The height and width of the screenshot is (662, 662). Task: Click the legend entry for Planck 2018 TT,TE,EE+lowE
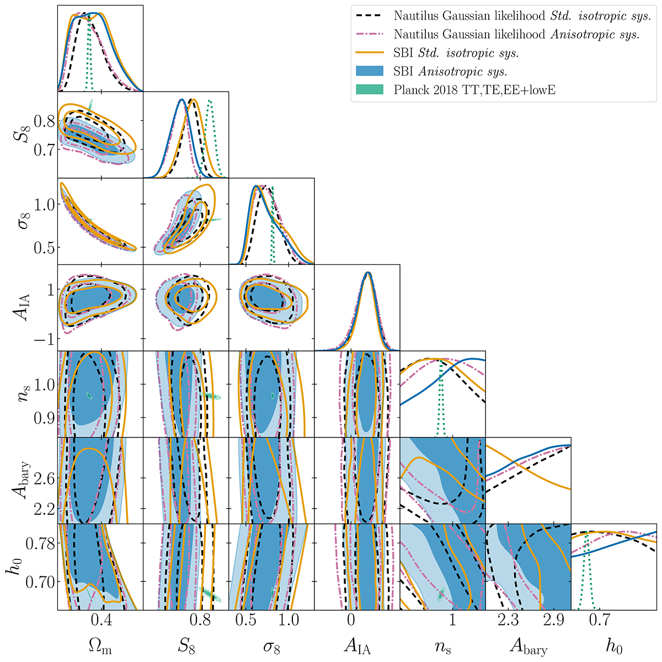tap(474, 90)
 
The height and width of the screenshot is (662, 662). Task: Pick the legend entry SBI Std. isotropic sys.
tap(456, 53)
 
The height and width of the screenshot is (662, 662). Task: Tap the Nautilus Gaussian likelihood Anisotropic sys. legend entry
tap(516, 34)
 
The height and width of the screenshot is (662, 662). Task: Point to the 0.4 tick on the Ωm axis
tap(100, 622)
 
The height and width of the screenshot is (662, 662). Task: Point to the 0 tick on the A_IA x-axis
tap(351, 622)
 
